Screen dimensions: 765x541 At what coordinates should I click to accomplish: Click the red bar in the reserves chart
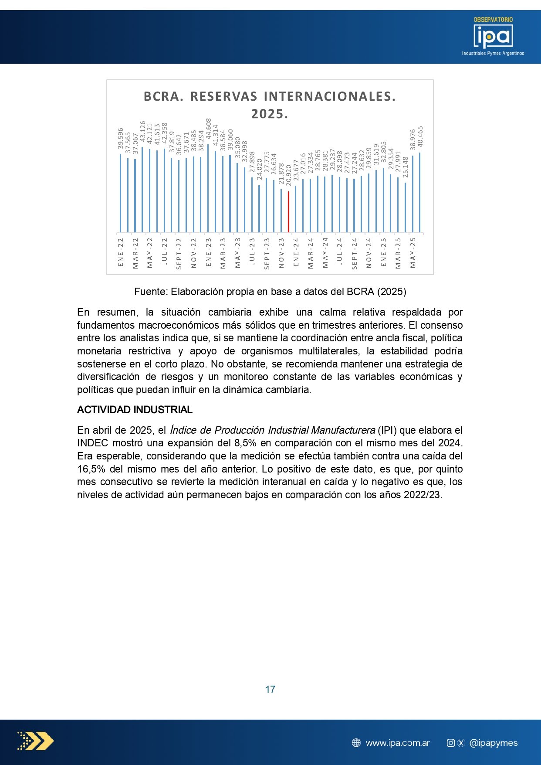tap(288, 212)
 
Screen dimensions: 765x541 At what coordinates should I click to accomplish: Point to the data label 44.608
tap(209, 129)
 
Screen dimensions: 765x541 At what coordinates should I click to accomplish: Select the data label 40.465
tap(420, 137)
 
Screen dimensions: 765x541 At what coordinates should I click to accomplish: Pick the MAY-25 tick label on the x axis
tap(413, 252)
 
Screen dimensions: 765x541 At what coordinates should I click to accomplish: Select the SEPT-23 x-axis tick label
tap(267, 253)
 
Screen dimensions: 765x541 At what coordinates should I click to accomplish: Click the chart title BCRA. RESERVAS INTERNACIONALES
tap(270, 97)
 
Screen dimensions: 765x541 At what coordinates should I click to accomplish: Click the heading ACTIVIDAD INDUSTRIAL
tap(135, 410)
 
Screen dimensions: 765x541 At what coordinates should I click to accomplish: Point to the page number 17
tap(270, 689)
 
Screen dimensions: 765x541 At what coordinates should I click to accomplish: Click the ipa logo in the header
tap(493, 37)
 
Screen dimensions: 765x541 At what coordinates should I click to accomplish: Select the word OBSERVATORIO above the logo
tap(493, 20)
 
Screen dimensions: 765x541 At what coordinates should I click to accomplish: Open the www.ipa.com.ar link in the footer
tap(398, 743)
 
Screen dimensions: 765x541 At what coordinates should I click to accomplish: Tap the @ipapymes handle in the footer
tap(494, 743)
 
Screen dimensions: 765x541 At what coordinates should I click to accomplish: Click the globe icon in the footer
tap(356, 743)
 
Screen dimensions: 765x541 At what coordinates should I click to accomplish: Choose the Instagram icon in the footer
tap(451, 743)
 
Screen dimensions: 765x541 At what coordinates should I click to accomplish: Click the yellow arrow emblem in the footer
tap(36, 741)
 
